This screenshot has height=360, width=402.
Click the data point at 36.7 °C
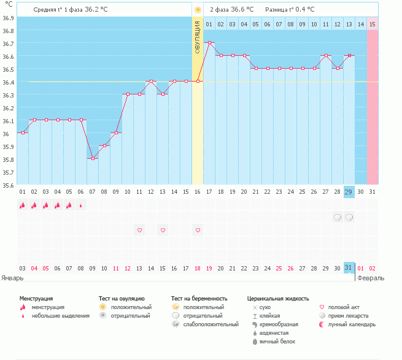tap(209, 42)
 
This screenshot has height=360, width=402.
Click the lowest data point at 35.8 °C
tap(93, 158)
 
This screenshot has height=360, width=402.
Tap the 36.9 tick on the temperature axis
tap(8, 18)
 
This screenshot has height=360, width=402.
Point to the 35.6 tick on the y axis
tap(8, 185)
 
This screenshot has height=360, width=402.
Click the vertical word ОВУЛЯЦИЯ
tap(198, 37)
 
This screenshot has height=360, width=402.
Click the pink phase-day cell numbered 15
tap(373, 24)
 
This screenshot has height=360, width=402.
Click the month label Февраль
tap(371, 278)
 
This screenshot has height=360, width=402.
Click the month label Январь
tap(12, 278)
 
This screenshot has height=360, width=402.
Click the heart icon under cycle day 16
tap(198, 230)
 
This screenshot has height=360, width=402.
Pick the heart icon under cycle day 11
tap(139, 230)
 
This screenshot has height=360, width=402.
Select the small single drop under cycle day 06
tap(81, 205)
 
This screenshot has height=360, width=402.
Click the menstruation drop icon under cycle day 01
tap(23, 205)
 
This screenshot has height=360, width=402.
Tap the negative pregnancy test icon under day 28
tap(338, 218)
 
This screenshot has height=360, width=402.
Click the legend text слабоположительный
tap(211, 324)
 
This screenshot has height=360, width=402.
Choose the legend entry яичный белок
tap(277, 342)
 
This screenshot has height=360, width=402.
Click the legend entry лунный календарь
tap(352, 324)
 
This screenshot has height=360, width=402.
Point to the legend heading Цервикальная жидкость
tap(278, 299)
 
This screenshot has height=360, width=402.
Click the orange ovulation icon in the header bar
tap(198, 10)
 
